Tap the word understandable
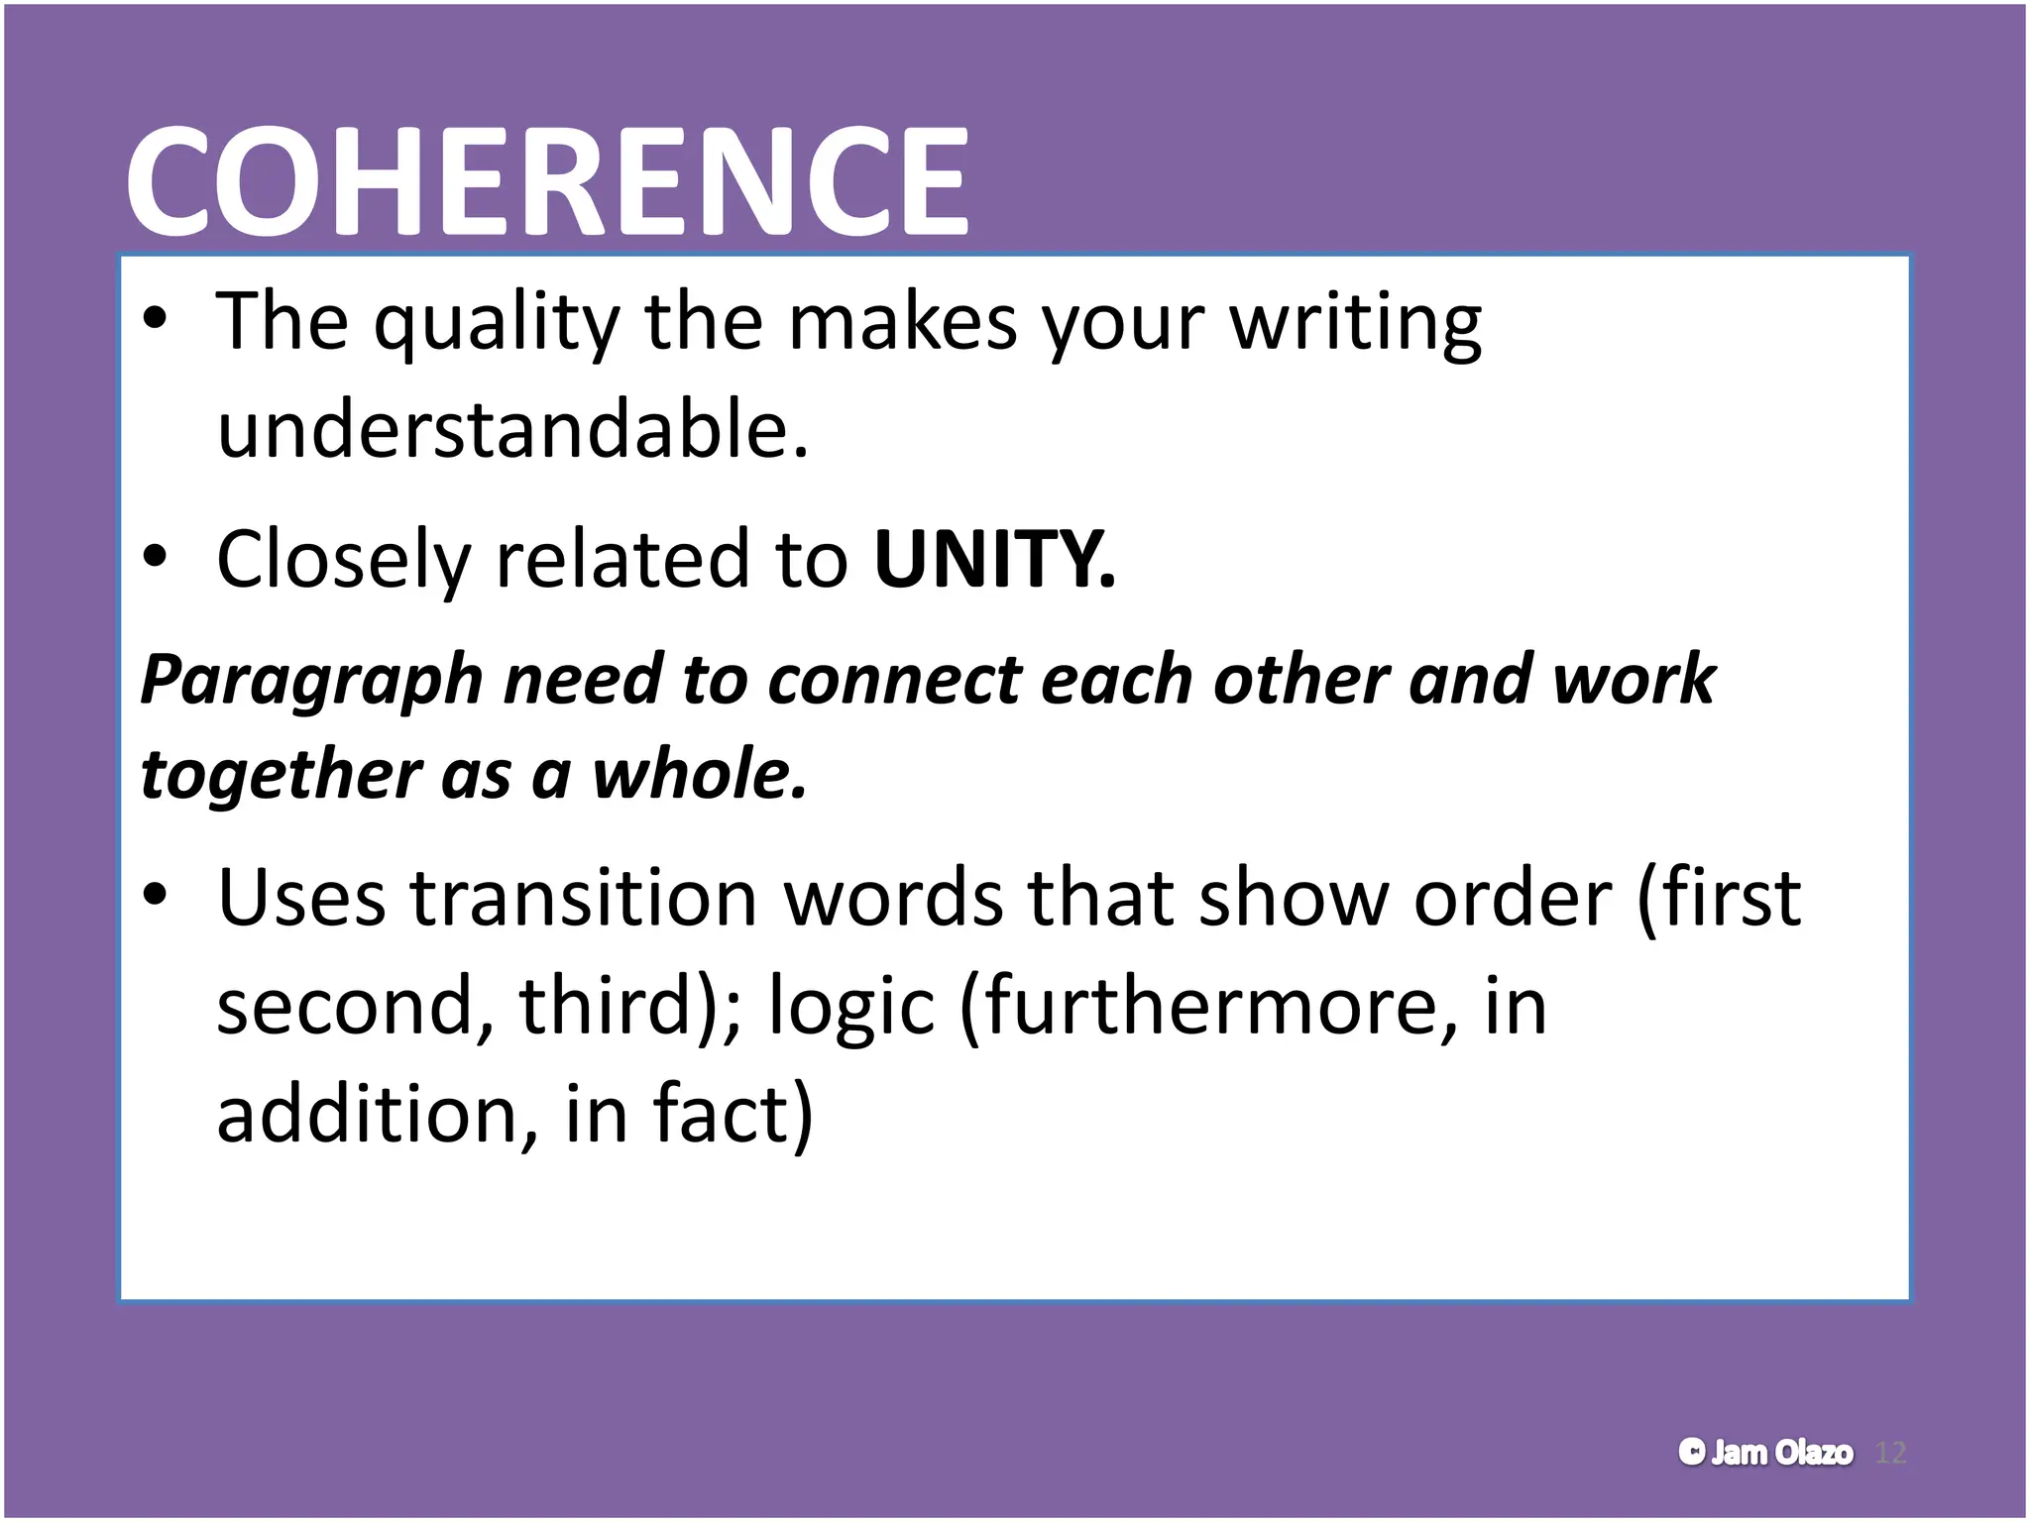512,430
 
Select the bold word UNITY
993,559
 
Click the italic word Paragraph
311,681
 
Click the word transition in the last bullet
584,898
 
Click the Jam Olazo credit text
1765,1453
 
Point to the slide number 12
1891,1453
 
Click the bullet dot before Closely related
155,557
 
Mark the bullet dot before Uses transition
155,895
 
